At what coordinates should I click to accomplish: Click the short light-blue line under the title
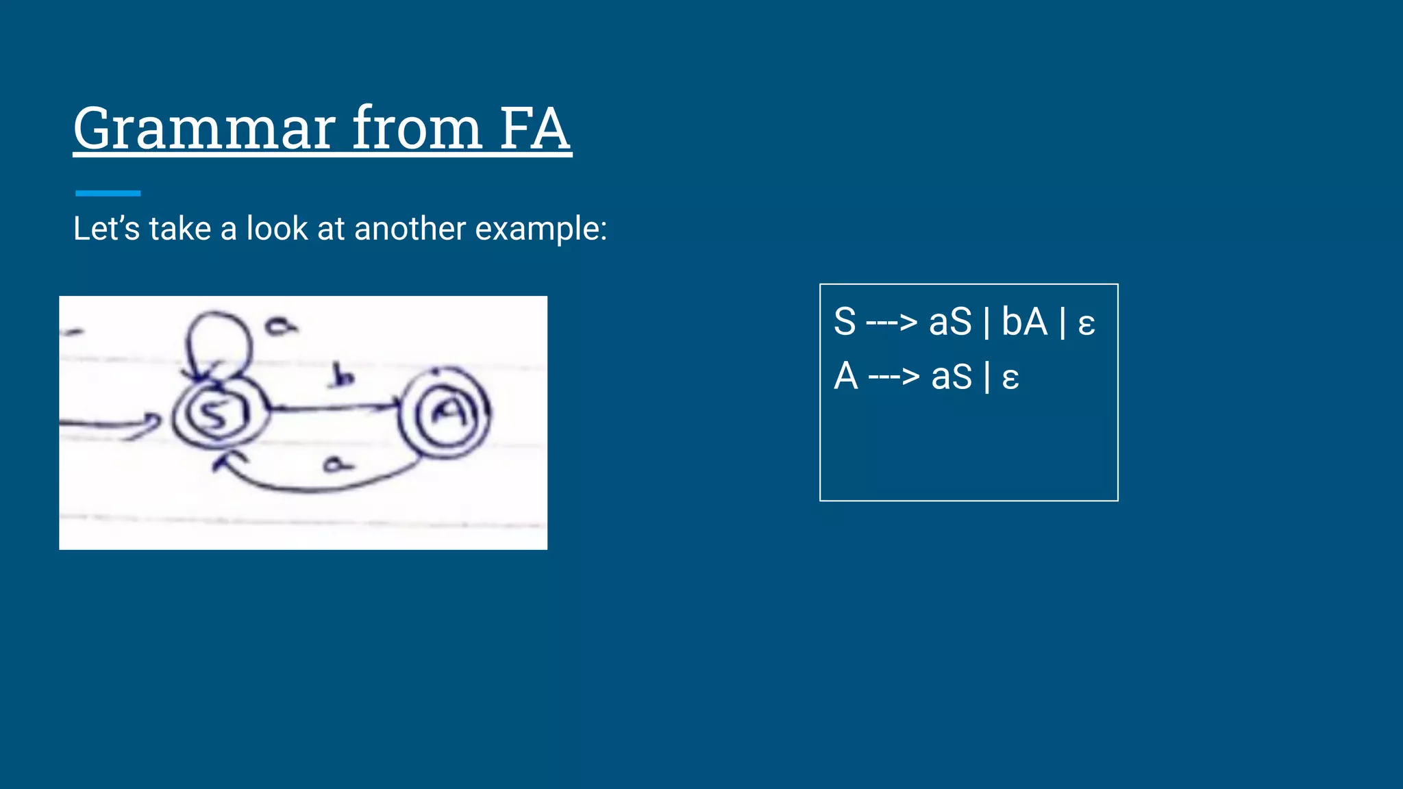coord(108,193)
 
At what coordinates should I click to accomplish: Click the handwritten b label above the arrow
coord(342,376)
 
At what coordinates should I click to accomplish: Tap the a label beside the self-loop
coord(282,326)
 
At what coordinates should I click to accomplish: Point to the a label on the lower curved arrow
coord(337,464)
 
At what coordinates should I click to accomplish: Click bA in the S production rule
coord(1024,322)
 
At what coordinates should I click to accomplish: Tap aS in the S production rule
coord(950,322)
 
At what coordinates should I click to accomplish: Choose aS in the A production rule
coord(952,377)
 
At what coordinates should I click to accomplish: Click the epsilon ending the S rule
coord(1087,323)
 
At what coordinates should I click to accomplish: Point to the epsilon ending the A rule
coord(1010,378)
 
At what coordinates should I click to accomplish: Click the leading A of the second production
coord(846,377)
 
